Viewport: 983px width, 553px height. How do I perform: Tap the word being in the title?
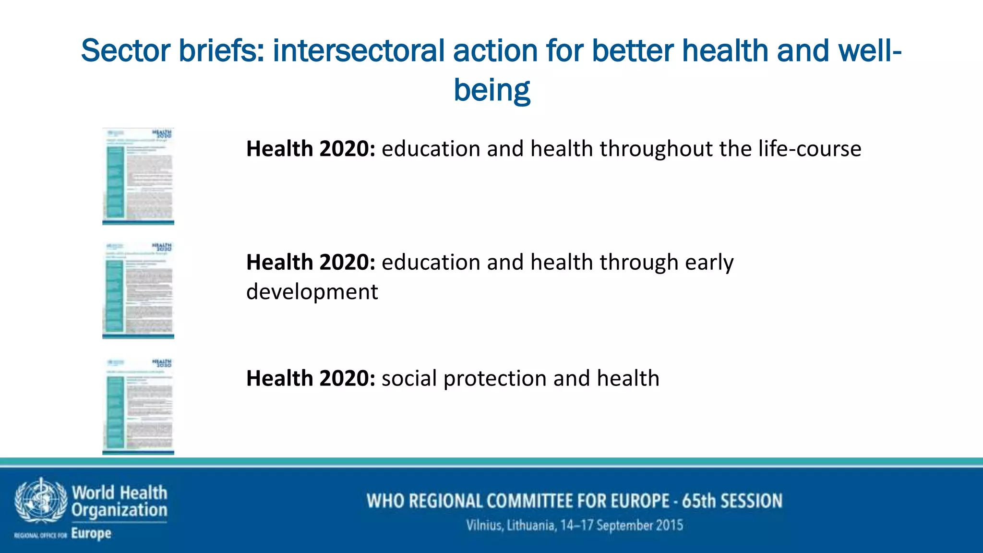(x=491, y=90)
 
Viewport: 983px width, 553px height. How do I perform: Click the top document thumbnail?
(x=138, y=176)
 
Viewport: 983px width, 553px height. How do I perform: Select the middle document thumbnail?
(x=138, y=290)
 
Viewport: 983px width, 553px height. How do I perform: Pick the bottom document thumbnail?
(x=138, y=406)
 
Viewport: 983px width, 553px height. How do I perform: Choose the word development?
(x=312, y=292)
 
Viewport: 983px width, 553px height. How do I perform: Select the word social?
(x=409, y=378)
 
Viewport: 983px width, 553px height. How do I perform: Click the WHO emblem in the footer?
(x=41, y=501)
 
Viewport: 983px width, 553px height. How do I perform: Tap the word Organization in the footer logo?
(x=120, y=510)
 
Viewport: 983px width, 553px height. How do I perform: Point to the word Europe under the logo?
(x=91, y=533)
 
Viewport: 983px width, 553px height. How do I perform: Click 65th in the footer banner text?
(x=698, y=501)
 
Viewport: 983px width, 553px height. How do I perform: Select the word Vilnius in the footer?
(x=484, y=525)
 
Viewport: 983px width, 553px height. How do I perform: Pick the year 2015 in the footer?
(x=669, y=525)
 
